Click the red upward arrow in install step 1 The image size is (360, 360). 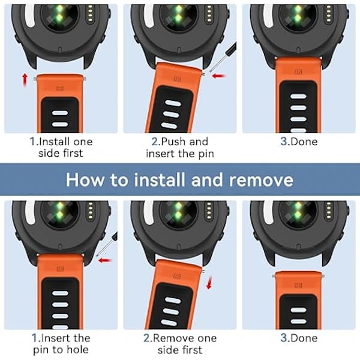[x=25, y=79]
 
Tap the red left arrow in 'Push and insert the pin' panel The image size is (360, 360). [x=218, y=76]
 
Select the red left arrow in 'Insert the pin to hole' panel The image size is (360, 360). [x=105, y=260]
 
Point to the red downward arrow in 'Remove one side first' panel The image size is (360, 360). [x=209, y=283]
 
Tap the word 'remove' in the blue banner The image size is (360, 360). [x=261, y=180]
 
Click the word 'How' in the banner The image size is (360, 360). [x=85, y=179]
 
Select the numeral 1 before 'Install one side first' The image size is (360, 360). [x=32, y=141]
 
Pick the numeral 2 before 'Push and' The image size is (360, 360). [x=155, y=141]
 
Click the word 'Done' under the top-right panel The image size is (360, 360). [x=304, y=142]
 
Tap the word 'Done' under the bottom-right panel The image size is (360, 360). [x=304, y=338]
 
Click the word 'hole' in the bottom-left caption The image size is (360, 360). [x=77, y=349]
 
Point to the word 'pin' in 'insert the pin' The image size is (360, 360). [x=206, y=154]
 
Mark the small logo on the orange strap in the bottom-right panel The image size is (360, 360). [x=298, y=286]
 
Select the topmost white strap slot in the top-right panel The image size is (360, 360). [x=298, y=96]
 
